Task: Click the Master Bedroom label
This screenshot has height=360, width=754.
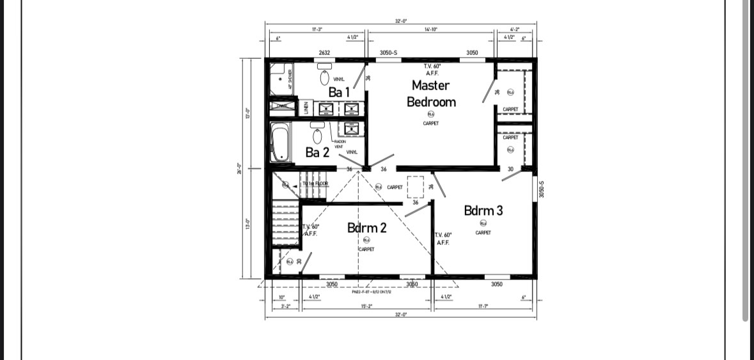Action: [431, 93]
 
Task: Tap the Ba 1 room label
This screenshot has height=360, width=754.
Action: [339, 92]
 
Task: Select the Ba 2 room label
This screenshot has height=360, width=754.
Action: [317, 152]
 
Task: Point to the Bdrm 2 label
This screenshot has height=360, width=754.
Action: [366, 228]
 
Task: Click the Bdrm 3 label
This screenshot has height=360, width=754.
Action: [483, 210]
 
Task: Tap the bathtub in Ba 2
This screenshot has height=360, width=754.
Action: [279, 143]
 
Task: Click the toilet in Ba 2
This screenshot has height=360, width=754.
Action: [317, 135]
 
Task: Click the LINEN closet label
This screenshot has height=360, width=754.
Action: [306, 107]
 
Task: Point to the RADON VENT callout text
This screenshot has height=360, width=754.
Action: [340, 144]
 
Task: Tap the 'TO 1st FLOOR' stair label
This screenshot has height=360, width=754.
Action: [315, 184]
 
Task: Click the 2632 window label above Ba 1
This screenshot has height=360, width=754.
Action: [324, 52]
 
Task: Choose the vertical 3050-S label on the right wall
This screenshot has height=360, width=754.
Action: [541, 187]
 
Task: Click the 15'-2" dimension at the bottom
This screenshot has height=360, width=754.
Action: [366, 306]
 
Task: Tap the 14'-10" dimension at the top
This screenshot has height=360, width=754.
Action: [430, 29]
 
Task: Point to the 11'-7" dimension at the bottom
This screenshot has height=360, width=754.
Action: [483, 306]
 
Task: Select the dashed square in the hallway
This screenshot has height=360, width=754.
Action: [415, 187]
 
